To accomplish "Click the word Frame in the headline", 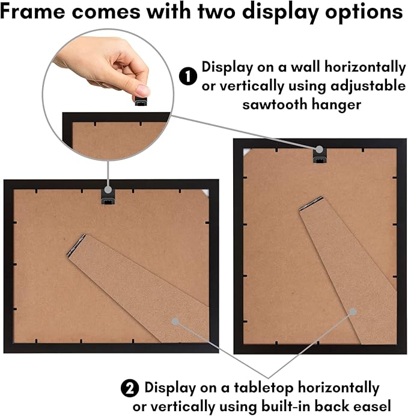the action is tap(32, 11).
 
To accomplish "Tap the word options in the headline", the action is tap(364, 13).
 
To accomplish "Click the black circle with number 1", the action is tap(188, 76).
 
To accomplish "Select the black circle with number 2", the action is tap(130, 388).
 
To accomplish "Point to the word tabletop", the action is tap(264, 388).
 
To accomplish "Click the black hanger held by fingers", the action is tap(141, 102).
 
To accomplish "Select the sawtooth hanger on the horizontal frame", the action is tap(108, 197).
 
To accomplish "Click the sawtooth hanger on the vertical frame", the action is tap(320, 156).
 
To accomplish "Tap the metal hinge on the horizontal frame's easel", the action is tap(76, 245).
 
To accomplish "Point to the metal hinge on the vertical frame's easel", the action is tap(311, 203).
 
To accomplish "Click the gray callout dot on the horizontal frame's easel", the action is tap(175, 321).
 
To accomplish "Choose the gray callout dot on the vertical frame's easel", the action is tap(353, 312).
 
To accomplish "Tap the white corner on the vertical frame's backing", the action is tap(246, 152).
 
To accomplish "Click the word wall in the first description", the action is tap(306, 66).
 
